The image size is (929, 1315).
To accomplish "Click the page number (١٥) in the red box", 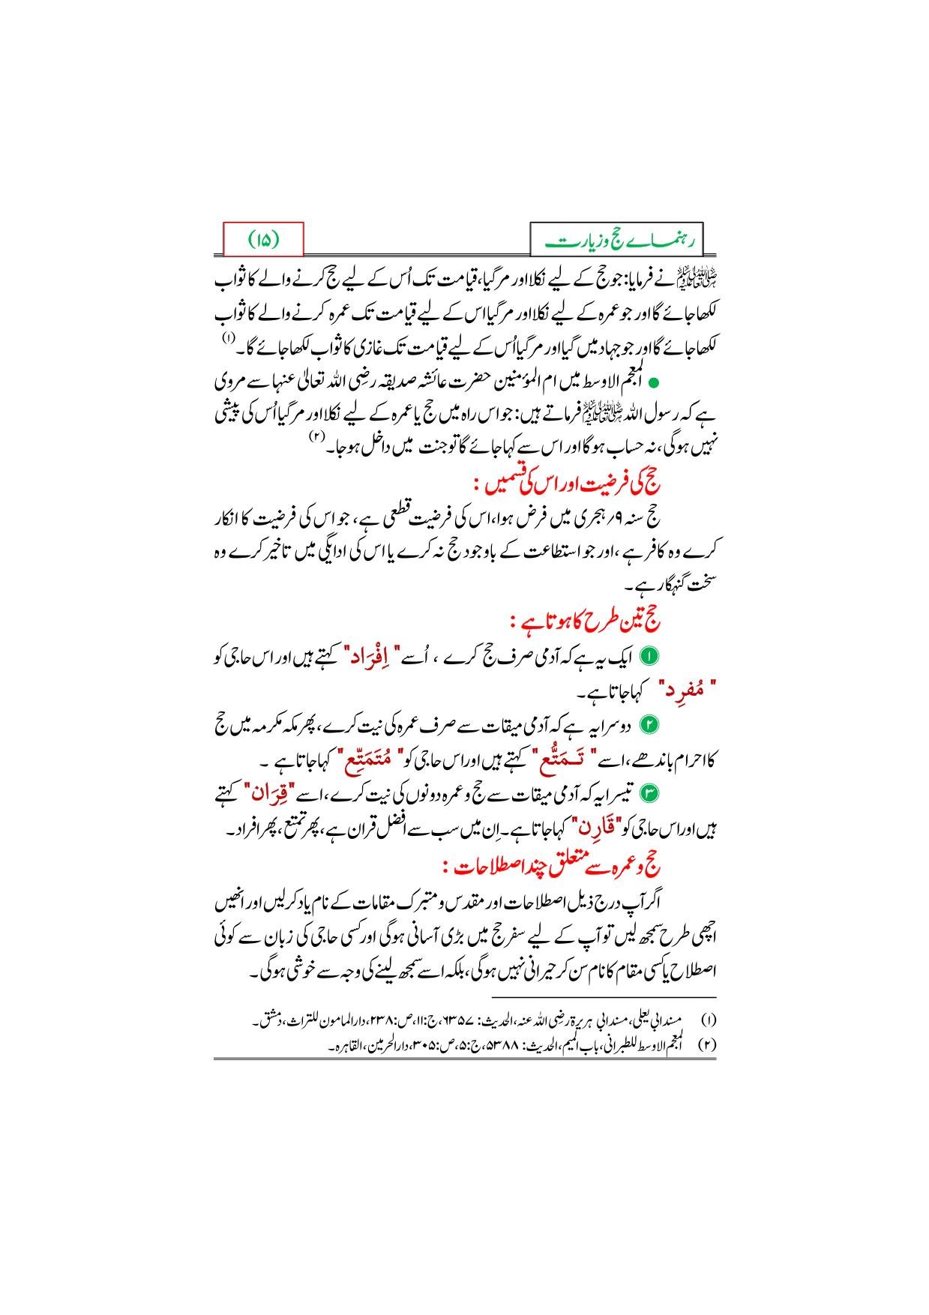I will click(263, 240).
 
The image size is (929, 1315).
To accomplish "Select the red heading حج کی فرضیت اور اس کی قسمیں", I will click(575, 481).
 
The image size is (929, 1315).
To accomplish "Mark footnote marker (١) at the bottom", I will click(707, 1021).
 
